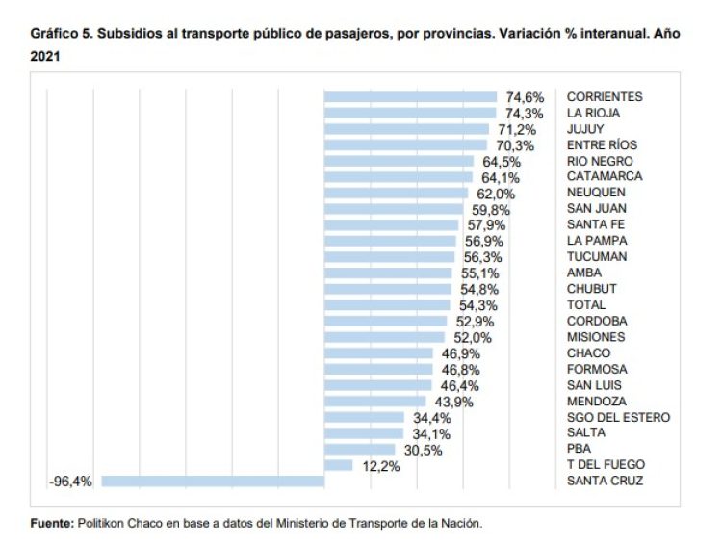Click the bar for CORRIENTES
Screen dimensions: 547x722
coord(410,96)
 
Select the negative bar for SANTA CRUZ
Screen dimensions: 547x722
coord(213,481)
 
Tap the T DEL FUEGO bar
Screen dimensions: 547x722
coord(338,465)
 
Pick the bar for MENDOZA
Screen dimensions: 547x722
coord(374,401)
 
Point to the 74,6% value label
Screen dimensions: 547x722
coord(526,97)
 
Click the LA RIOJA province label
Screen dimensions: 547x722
coord(592,113)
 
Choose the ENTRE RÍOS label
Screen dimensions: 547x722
coord(602,144)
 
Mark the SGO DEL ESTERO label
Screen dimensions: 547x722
coord(618,417)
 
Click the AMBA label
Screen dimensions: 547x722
coord(584,273)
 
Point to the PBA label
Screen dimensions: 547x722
coord(580,449)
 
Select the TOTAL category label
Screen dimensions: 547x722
coord(586,304)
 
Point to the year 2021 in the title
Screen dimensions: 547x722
coord(46,57)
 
